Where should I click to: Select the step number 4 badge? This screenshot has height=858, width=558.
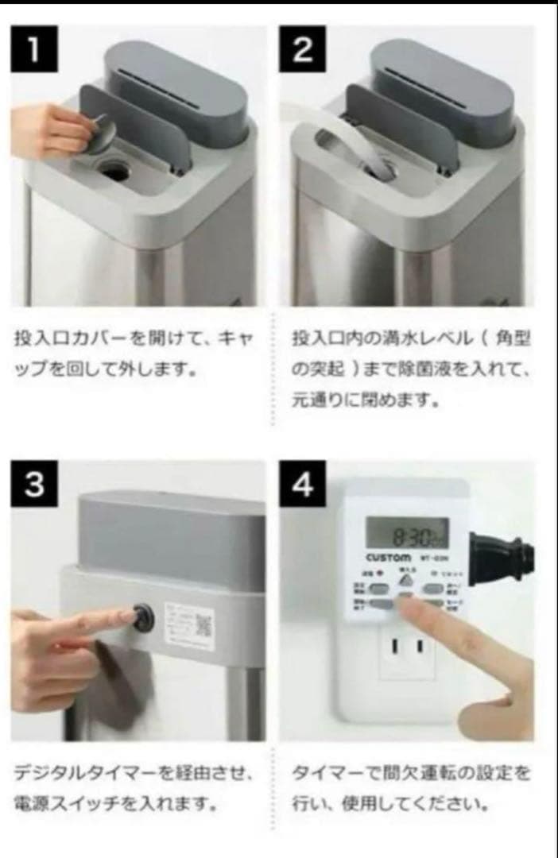pos(303,485)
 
